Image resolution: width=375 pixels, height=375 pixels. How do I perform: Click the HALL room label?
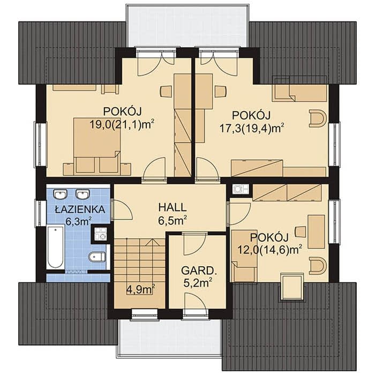point(172,207)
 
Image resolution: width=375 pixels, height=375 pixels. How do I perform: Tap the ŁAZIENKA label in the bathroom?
point(80,209)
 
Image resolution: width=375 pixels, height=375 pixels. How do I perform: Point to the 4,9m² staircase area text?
point(140,289)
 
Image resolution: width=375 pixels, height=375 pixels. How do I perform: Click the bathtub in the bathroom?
point(55,247)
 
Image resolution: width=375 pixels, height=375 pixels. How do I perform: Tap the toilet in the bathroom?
point(97,257)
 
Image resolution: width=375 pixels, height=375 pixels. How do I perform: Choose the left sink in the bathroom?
point(60,194)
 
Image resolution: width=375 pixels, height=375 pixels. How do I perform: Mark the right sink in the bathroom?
point(82,194)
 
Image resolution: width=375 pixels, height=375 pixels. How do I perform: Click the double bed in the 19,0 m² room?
point(96,145)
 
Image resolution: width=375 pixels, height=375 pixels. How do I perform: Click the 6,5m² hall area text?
point(172,221)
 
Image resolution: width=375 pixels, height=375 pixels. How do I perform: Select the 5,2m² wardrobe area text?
point(198,283)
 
